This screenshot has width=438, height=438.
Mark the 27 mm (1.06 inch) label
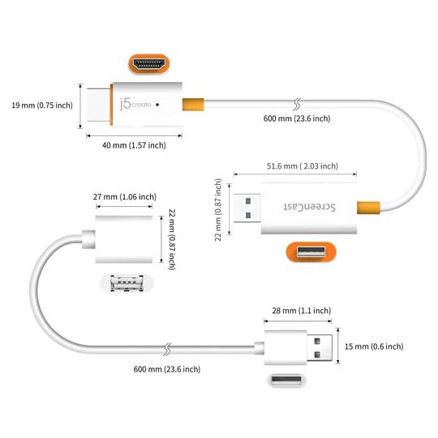pyautogui.click(x=124, y=196)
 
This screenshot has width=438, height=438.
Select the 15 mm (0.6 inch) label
pyautogui.click(x=375, y=346)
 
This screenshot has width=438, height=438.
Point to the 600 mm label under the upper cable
pyautogui.click(x=297, y=118)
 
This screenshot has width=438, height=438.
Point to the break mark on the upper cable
pyautogui.click(x=298, y=104)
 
